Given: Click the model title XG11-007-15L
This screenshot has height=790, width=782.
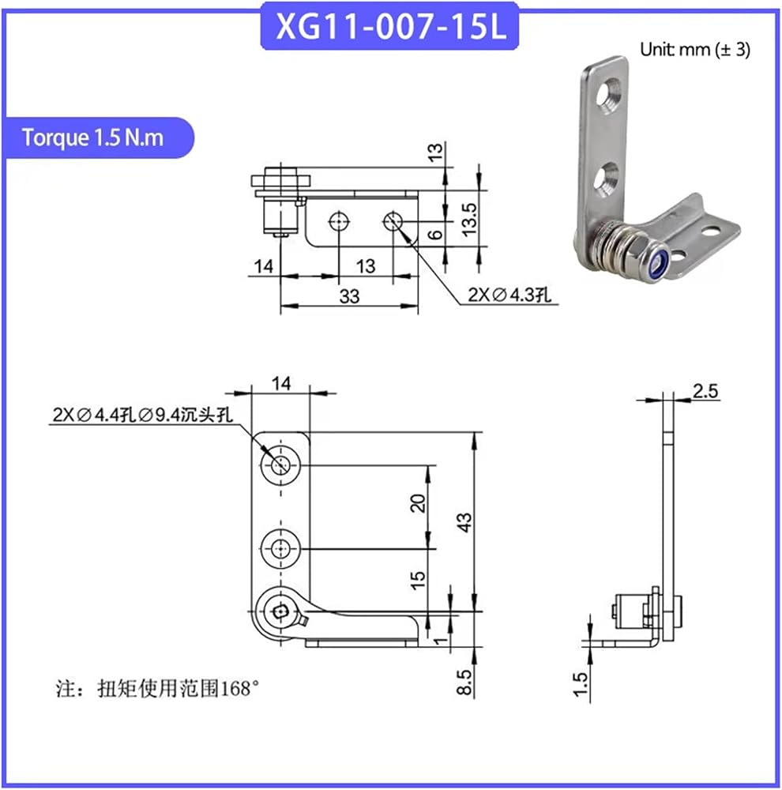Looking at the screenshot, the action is click(389, 26).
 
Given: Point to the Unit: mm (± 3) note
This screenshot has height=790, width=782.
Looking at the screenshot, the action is click(695, 49).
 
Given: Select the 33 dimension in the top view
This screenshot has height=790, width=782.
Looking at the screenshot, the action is click(349, 296).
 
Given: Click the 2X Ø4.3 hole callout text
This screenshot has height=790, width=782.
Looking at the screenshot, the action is click(509, 295).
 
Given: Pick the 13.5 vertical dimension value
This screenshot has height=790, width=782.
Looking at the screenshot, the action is click(468, 219).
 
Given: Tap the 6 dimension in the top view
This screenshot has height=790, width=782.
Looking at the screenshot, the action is click(434, 235).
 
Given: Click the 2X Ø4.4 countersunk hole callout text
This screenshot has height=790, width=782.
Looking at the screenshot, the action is click(143, 415).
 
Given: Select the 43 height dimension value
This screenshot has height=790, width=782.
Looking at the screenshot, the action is click(465, 522).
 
